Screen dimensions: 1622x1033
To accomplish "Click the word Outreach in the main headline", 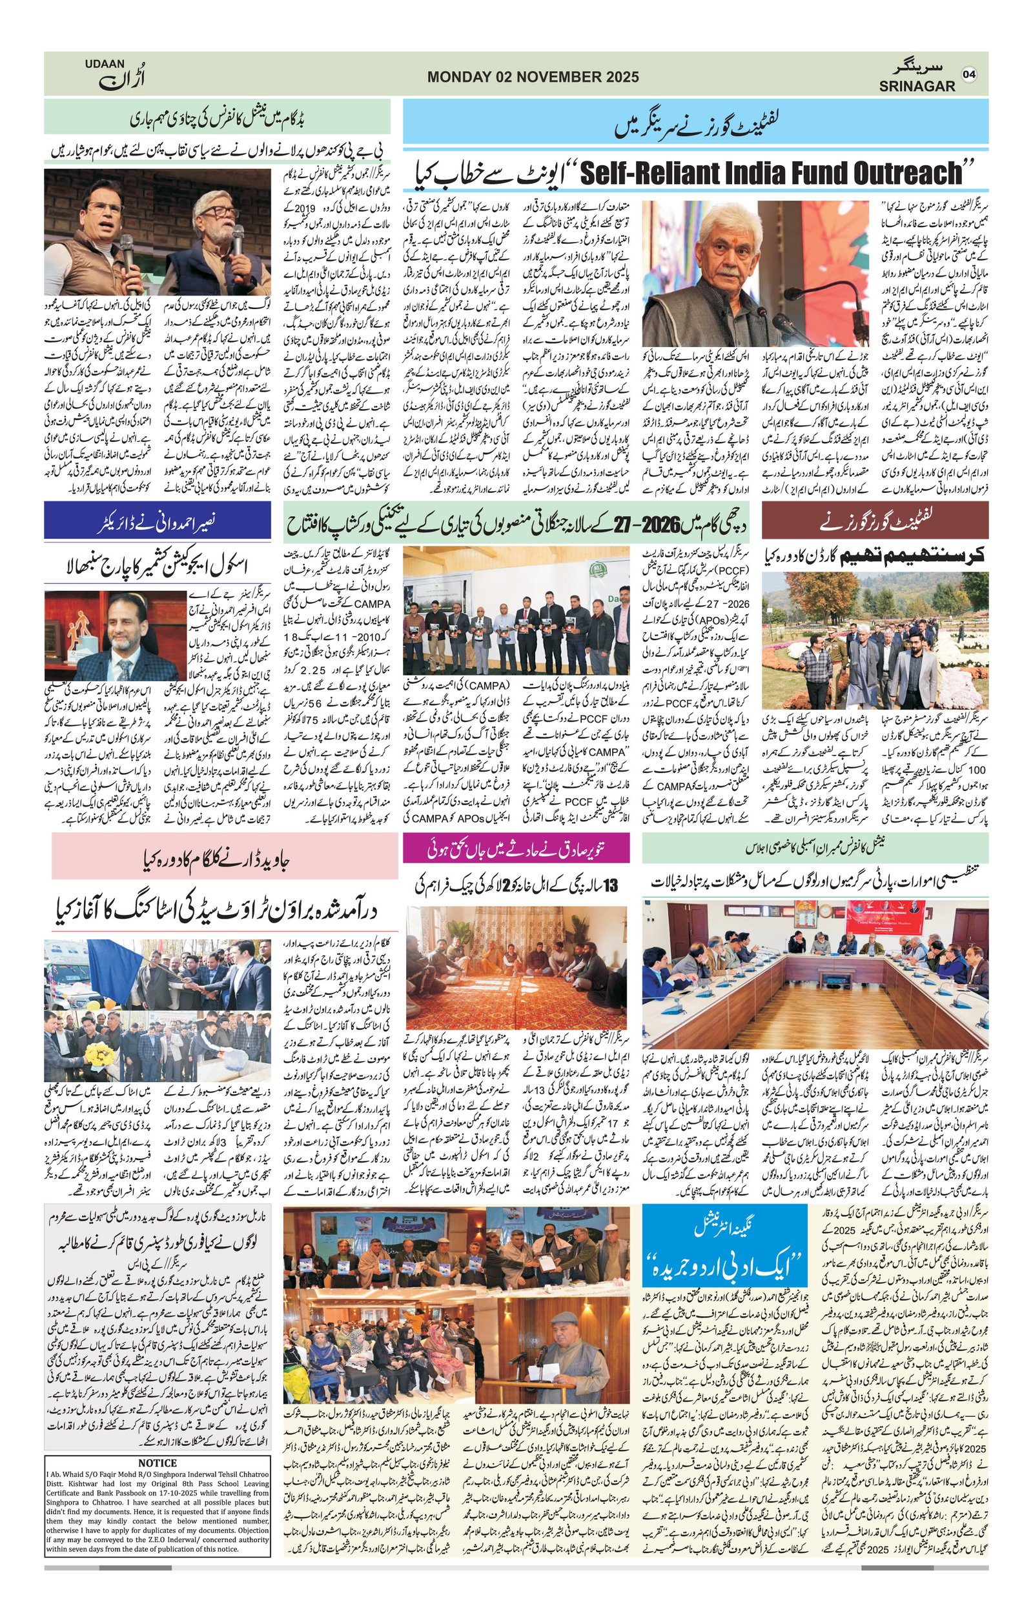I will click(x=895, y=174).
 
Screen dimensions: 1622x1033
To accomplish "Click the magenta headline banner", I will click(x=516, y=848).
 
